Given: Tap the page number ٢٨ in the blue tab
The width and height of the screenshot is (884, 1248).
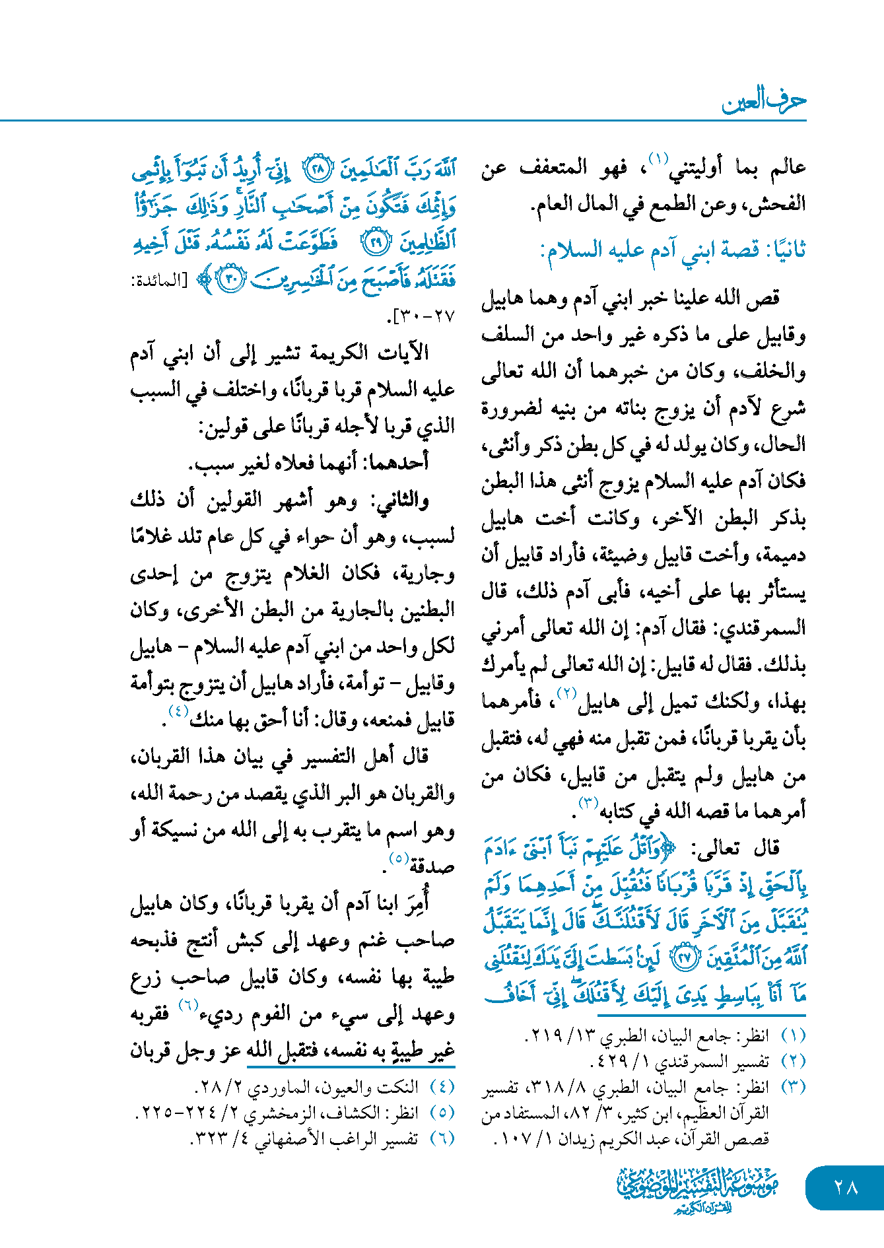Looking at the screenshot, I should tap(845, 1187).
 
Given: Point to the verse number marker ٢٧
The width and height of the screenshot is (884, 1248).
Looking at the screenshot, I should tap(687, 959).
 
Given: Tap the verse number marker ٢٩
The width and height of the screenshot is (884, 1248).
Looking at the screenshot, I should tap(376, 242).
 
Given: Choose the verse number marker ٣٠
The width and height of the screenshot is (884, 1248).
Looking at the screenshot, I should tap(232, 279).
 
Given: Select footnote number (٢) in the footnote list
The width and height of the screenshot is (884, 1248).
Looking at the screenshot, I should tap(793, 1061).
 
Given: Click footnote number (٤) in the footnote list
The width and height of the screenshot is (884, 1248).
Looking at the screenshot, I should tap(442, 1087).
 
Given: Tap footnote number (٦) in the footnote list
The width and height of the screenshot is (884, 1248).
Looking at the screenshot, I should tap(442, 1138).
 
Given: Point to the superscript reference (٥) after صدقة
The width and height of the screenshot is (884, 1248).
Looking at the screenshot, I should tap(398, 858).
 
